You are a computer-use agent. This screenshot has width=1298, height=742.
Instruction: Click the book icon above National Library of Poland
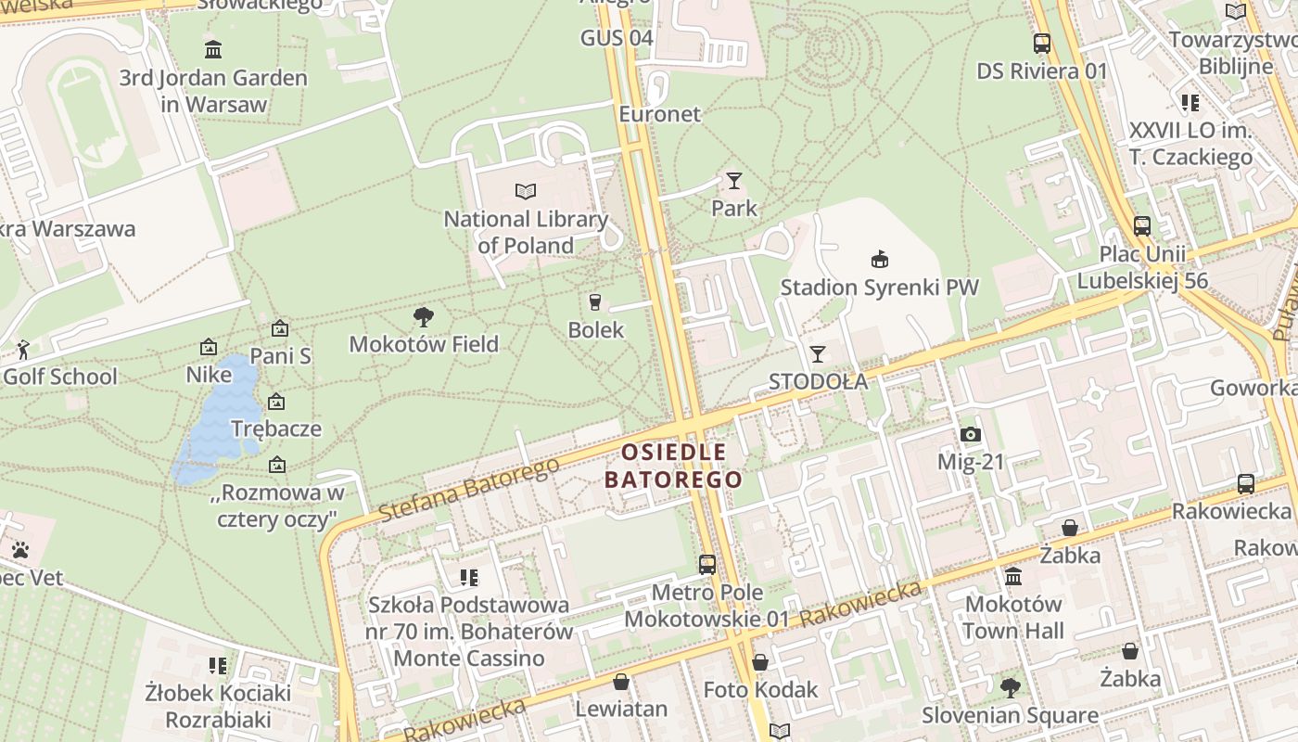click(x=526, y=191)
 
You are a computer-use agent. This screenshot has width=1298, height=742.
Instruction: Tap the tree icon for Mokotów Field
click(x=424, y=317)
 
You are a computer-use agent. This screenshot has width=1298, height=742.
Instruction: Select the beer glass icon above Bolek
click(x=595, y=301)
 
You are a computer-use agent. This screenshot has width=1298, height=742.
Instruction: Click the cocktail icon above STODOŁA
click(x=817, y=353)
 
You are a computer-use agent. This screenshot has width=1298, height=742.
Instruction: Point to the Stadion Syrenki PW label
click(x=879, y=287)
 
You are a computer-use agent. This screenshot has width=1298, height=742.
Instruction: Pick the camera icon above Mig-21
click(x=971, y=434)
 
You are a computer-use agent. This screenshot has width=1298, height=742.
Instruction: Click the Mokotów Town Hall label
click(x=1012, y=618)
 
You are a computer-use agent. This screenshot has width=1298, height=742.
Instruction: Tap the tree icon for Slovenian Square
click(x=1010, y=688)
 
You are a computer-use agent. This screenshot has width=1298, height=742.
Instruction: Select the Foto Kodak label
click(x=760, y=689)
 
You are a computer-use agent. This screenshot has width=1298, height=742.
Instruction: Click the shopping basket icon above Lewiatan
click(x=621, y=682)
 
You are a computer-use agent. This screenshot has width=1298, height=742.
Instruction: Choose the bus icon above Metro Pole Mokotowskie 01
click(x=707, y=564)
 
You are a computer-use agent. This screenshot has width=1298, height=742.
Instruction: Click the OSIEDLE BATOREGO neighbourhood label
click(x=673, y=466)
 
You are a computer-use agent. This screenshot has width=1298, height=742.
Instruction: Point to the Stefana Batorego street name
click(x=469, y=489)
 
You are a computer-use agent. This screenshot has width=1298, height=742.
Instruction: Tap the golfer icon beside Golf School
click(x=23, y=350)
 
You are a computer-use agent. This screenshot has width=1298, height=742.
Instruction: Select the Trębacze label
click(x=275, y=429)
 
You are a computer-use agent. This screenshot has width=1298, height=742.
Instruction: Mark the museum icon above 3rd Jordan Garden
click(x=213, y=49)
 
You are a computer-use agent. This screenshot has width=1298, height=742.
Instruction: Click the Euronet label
click(x=660, y=114)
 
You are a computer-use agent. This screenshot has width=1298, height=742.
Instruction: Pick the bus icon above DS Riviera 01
click(x=1042, y=43)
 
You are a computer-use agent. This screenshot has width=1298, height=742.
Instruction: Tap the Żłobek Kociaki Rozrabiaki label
click(x=218, y=706)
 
